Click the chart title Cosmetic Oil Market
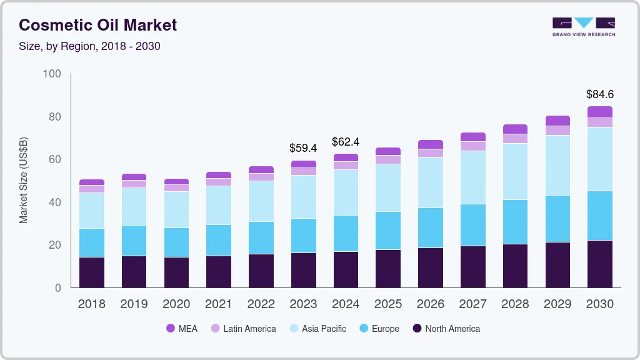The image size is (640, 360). (x=98, y=25)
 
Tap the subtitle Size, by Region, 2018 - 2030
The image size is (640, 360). (x=89, y=46)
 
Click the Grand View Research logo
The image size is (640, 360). (x=583, y=26)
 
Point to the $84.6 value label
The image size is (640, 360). (x=599, y=94)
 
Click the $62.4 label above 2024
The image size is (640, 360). (x=345, y=142)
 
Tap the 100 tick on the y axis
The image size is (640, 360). (x=52, y=74)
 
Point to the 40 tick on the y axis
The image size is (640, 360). (x=55, y=202)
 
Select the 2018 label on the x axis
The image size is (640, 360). (x=91, y=304)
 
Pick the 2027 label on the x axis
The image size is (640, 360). (x=472, y=304)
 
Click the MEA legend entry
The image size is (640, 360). (x=181, y=329)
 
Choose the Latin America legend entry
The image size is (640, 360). (x=243, y=329)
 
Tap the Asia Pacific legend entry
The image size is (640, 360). (x=317, y=329)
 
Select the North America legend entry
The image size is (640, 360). (x=446, y=329)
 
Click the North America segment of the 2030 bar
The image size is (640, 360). (x=599, y=264)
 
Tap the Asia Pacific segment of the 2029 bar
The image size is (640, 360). (x=557, y=165)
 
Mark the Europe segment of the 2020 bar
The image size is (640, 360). (x=176, y=242)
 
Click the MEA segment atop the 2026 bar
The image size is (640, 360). (x=430, y=144)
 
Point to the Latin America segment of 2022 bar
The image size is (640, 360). (x=261, y=177)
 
